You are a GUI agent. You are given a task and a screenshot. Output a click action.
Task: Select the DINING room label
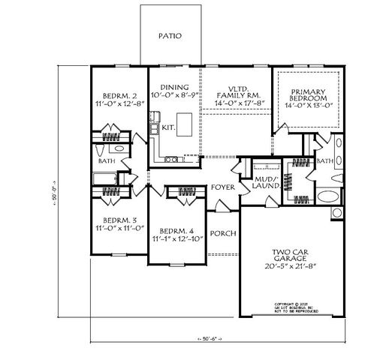(173, 88)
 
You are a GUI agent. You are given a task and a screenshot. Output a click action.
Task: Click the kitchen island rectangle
(184, 127)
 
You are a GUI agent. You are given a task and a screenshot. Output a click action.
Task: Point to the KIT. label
(168, 128)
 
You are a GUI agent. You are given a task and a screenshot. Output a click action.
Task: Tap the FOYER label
(222, 187)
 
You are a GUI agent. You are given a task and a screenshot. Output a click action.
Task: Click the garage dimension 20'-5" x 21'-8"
(282, 265)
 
